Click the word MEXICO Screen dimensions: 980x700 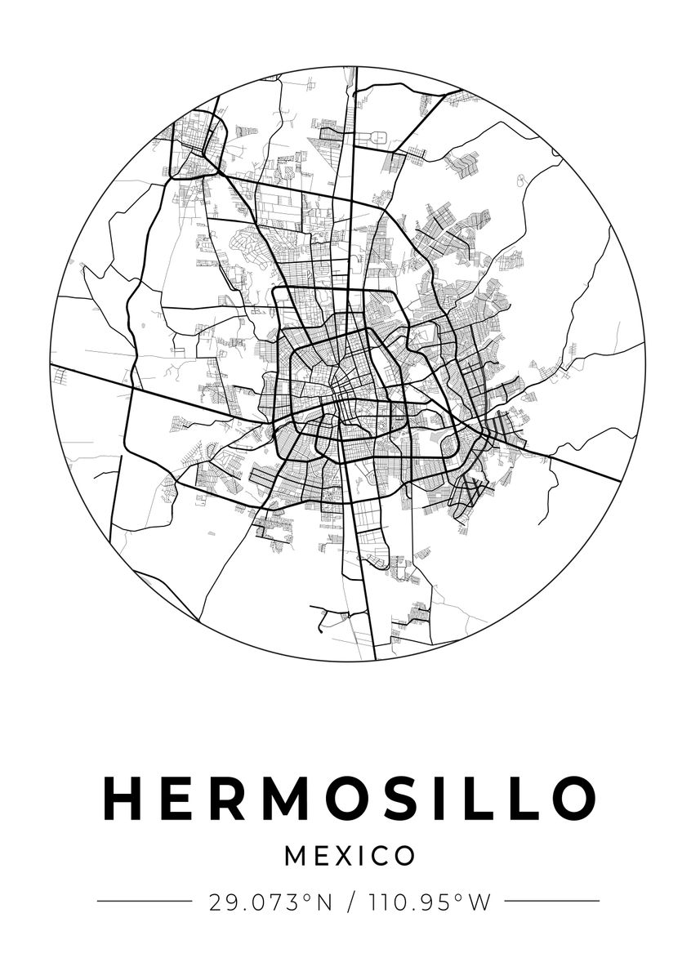350,856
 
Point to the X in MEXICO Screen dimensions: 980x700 341,856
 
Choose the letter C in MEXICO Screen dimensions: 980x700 377,856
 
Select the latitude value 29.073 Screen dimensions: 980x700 256,902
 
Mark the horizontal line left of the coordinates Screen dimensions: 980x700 144,902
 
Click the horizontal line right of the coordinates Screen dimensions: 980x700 552,902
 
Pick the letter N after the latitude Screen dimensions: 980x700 324,902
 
